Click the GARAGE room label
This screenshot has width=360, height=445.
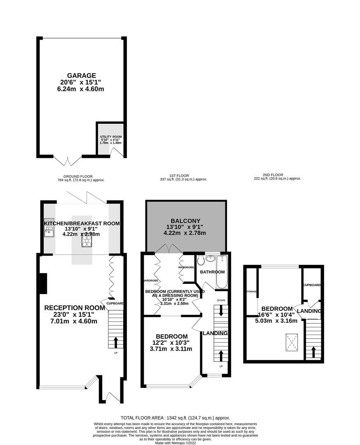[x=82, y=75]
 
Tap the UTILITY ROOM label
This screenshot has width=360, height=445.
[x=111, y=136]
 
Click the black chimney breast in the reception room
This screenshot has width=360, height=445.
[x=42, y=284]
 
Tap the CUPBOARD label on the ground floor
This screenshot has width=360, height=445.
[x=115, y=303]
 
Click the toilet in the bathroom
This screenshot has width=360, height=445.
[x=201, y=260]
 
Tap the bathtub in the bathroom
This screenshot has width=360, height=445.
[x=222, y=272]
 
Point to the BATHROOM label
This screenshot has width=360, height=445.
[x=212, y=272]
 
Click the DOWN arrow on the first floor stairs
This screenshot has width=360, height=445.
[x=221, y=311]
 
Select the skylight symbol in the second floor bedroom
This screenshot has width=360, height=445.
[x=292, y=342]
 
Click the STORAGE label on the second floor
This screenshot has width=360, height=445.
[x=251, y=291]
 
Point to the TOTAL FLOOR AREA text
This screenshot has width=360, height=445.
[x=175, y=418]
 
